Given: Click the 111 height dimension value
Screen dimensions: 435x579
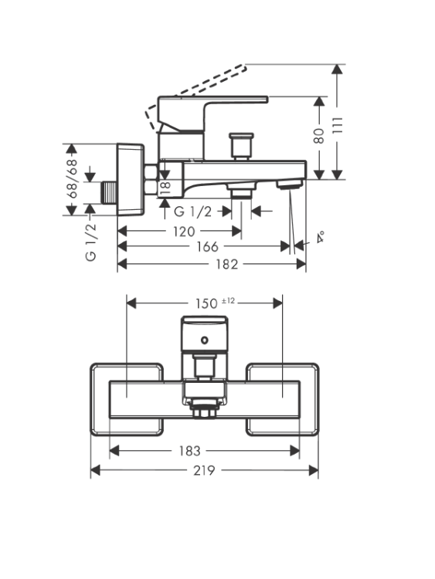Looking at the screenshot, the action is point(338,125).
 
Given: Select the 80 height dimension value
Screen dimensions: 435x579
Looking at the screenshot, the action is point(318,136).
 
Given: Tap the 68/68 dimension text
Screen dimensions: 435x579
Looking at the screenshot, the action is point(72,179).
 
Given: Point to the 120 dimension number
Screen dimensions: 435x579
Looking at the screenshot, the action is point(184,232).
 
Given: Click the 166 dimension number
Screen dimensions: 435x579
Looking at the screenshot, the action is point(207,246).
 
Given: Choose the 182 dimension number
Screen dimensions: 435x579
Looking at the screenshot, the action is point(227,264).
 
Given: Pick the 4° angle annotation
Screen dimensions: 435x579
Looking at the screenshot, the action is point(321,237).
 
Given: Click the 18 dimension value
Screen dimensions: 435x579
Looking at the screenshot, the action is point(165,188).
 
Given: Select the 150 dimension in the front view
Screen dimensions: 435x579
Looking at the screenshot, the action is point(206,303).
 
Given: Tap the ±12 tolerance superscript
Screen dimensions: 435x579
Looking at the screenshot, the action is point(228,301).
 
